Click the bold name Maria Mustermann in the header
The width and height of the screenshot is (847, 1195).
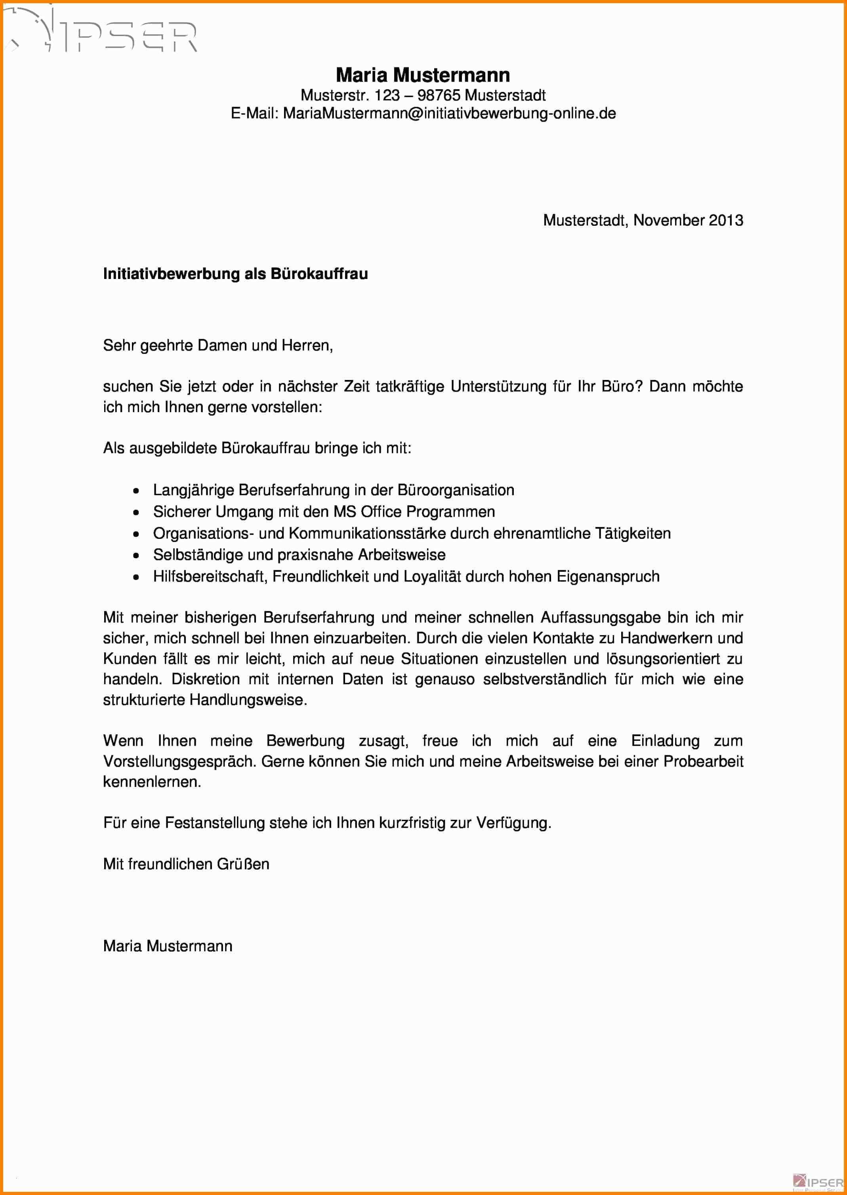coord(423,76)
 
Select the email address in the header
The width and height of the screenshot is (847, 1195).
coord(449,114)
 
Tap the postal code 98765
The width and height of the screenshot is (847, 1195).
coord(439,95)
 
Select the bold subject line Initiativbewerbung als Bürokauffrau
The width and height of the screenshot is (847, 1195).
coord(235,274)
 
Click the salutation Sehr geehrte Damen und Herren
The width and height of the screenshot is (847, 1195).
coord(217,345)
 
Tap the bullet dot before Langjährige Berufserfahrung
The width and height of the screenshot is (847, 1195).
coord(136,491)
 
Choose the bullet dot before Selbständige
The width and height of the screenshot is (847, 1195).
coord(136,556)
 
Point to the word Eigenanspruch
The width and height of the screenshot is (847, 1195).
coord(608,577)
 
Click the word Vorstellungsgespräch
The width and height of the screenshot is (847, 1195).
coord(179,762)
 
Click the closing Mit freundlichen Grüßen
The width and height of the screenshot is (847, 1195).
coord(186,864)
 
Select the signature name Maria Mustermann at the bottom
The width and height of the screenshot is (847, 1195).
coord(168,946)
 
